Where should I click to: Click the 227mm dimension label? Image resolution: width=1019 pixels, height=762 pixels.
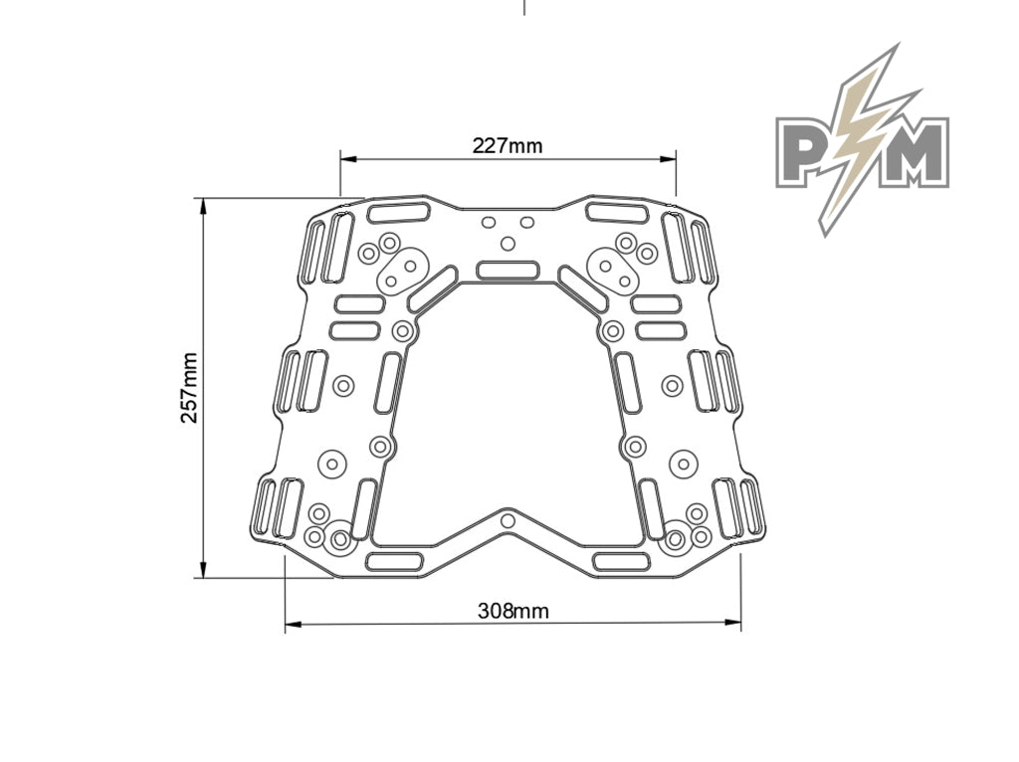[x=508, y=146]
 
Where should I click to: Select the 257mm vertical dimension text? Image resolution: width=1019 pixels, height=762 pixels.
[x=188, y=387]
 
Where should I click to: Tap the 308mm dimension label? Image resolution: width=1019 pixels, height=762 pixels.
[x=512, y=610]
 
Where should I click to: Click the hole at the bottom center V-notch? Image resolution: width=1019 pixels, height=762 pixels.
[x=509, y=520]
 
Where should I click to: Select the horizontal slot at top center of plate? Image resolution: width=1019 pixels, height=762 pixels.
[x=509, y=270]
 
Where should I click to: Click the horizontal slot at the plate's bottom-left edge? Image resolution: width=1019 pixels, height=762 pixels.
[x=399, y=562]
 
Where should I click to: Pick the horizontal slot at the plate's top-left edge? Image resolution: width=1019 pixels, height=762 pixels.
[x=398, y=212]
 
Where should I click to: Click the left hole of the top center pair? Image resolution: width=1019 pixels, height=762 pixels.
[x=489, y=222]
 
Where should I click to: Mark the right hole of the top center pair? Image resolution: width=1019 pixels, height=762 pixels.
[x=527, y=222]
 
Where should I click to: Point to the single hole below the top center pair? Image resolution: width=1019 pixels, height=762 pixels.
[x=509, y=243]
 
